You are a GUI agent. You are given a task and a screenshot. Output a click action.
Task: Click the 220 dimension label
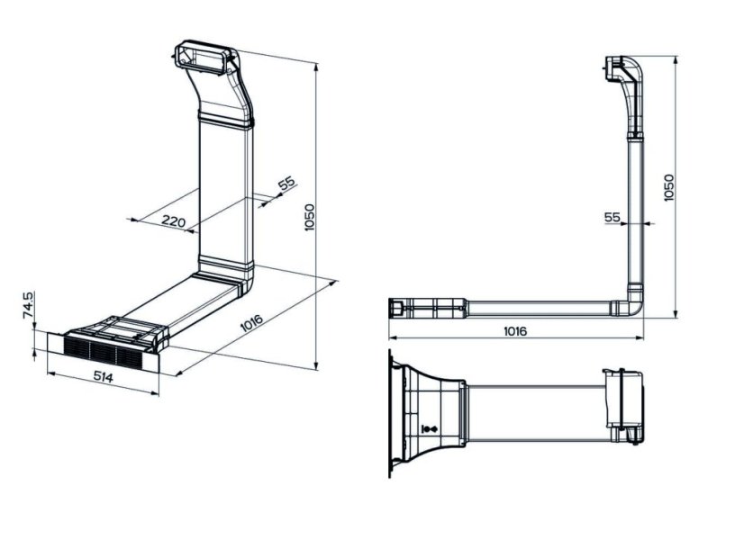point(173,220)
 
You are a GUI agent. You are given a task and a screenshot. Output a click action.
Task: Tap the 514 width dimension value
point(103,377)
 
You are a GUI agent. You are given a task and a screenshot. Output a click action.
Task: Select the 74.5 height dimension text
point(28,305)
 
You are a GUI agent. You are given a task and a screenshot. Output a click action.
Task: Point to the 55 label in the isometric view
point(286,183)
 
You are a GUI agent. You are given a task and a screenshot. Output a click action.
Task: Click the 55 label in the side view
point(612,217)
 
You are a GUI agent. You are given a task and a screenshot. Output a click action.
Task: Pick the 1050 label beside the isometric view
point(309,217)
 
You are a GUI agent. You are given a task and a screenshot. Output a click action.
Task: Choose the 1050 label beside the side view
point(668,188)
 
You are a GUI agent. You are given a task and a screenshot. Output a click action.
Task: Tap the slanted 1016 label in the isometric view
point(251,323)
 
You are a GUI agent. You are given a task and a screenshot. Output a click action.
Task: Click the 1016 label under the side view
point(515,331)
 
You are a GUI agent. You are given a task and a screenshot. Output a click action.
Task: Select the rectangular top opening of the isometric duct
point(206,58)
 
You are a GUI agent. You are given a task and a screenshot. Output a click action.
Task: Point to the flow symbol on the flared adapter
point(430,429)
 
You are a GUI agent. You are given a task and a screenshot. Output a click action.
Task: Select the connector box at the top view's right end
point(623,406)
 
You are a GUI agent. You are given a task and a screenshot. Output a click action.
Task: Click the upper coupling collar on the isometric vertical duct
point(226,119)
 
